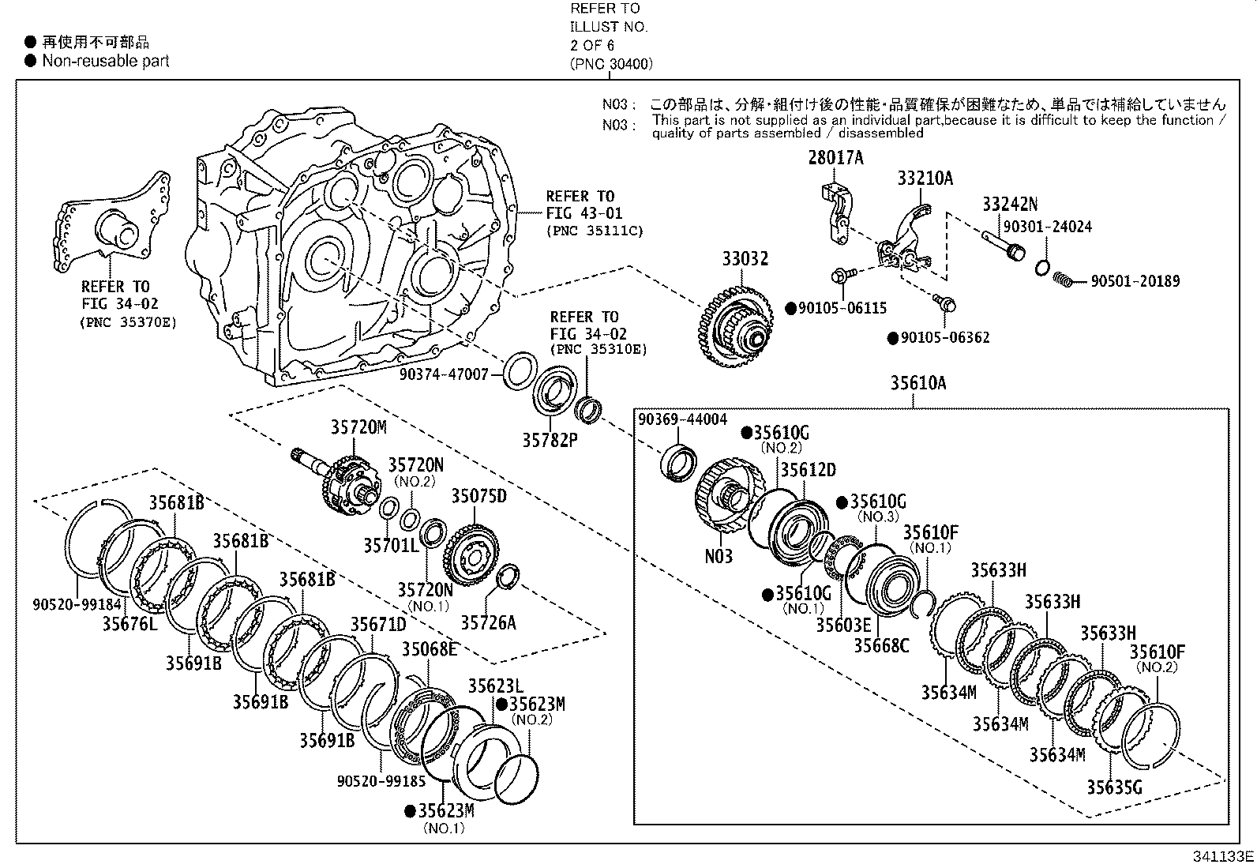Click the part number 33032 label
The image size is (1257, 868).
point(745,259)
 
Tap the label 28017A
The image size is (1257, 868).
point(835,158)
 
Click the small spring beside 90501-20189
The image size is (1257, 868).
point(1064,279)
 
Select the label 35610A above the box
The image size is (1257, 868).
point(917,383)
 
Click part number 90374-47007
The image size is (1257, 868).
point(444,375)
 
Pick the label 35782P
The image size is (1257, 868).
point(550,439)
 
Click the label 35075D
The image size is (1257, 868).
point(478,496)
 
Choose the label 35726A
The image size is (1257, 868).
point(488,623)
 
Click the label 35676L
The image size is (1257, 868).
point(130,624)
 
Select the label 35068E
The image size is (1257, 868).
point(430,649)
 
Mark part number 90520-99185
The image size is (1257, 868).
point(381,781)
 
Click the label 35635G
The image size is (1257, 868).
point(1113,787)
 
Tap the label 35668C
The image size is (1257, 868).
point(881,645)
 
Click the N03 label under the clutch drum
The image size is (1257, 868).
point(719,556)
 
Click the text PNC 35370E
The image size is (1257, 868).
point(128,322)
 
